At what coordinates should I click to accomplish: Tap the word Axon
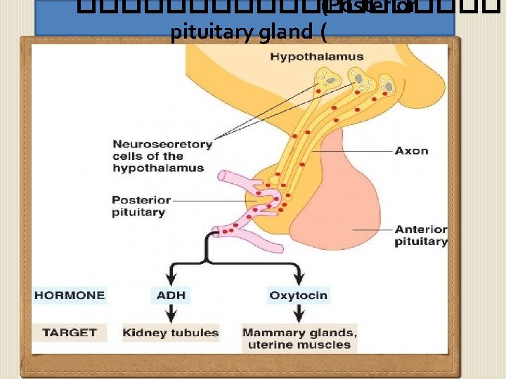pos(411,150)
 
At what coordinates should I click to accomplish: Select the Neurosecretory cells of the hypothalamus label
pos(162,156)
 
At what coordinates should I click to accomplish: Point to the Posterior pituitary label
pos(139,206)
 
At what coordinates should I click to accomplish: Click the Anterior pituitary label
pos(420,235)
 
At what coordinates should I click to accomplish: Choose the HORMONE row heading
pos(70,295)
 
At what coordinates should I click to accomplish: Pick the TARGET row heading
pos(70,332)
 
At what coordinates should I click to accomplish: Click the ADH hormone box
pos(171,295)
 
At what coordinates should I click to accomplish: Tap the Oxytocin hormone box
pos(298,295)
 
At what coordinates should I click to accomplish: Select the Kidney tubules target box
pos(171,333)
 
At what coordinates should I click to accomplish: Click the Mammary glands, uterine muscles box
pos(299,338)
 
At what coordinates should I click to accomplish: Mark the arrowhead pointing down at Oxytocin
pos(298,279)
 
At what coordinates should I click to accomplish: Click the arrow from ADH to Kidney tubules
pos(171,314)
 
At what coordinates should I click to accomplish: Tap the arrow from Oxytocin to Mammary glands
pos(298,314)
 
